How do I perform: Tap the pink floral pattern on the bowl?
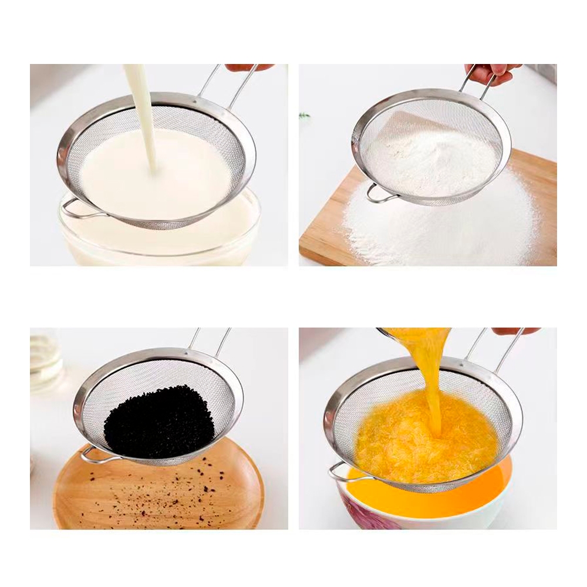[x=367, y=514]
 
